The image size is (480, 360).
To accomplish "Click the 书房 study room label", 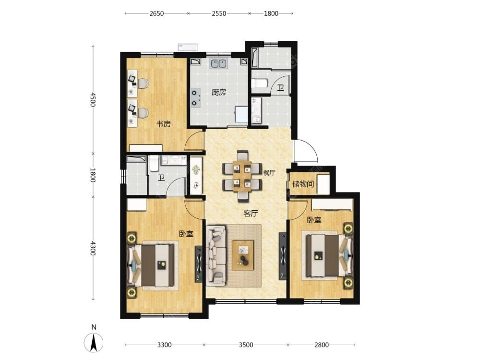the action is (164, 124).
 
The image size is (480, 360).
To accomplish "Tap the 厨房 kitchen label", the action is (218, 92).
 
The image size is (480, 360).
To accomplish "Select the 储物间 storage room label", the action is (303, 184).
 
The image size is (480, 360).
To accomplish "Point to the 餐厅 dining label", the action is (269, 173).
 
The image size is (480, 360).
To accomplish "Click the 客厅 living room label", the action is (251, 214).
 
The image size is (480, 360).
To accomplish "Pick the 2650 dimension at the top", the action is (157, 13).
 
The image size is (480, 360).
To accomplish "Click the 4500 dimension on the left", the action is (93, 99).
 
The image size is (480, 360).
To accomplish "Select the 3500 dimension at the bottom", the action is (246, 345).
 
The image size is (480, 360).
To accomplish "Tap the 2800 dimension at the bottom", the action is (322, 345).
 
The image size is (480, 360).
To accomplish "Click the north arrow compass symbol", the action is (94, 342).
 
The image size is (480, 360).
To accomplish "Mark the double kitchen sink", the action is (218, 63).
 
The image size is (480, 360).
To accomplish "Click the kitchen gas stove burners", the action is (195, 98).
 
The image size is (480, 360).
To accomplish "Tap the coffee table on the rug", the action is (243, 255).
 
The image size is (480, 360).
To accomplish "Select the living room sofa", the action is (217, 255).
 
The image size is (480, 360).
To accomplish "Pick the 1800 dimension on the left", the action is (93, 175).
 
